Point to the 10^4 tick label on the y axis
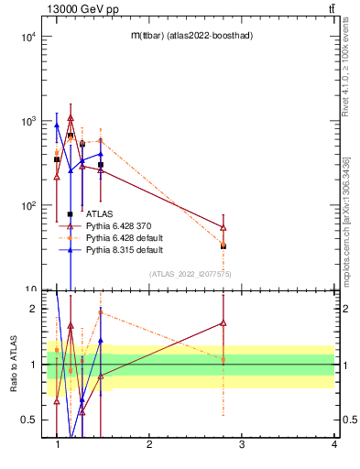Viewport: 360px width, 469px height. (x=27, y=37)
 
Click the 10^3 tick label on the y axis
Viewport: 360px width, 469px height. (x=27, y=121)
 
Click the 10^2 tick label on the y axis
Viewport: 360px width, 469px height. (x=27, y=205)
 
